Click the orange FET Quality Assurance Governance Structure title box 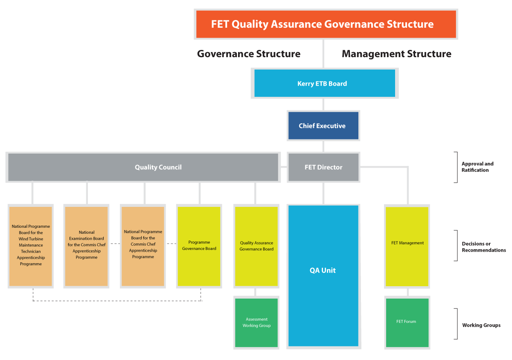[x=326, y=24]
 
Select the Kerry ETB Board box [x=325, y=83]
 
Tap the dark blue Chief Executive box [x=323, y=125]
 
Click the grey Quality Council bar [x=143, y=167]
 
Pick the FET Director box [x=323, y=167]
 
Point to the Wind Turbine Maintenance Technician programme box [x=31, y=246]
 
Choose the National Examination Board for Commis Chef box [x=86, y=246]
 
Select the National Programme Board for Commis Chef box [x=143, y=246]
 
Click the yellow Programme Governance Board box [x=199, y=246]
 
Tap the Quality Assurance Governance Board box [x=256, y=246]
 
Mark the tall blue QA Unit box [x=323, y=276]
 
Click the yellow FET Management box [x=407, y=247]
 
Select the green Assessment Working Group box [x=256, y=322]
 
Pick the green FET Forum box [x=407, y=322]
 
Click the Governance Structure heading [x=249, y=54]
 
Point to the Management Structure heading [x=396, y=54]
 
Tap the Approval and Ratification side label [x=477, y=167]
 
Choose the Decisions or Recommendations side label [x=484, y=247]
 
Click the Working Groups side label [x=481, y=325]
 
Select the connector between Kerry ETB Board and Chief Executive [x=323, y=105]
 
